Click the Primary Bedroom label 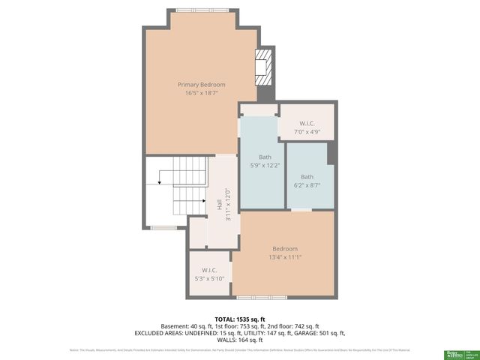coord(201,85)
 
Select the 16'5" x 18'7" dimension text coord(201,94)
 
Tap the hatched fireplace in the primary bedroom coord(262,67)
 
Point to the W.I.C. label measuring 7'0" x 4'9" coord(307,123)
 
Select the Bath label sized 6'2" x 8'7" coord(307,176)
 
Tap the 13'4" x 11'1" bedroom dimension coord(285,257)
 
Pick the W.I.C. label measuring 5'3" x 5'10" coord(209,270)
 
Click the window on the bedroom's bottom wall coord(251,298)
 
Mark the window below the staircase coord(160,227)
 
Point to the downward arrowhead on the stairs coord(160,181)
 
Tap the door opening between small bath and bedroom coord(301,211)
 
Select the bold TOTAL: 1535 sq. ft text coord(240,319)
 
